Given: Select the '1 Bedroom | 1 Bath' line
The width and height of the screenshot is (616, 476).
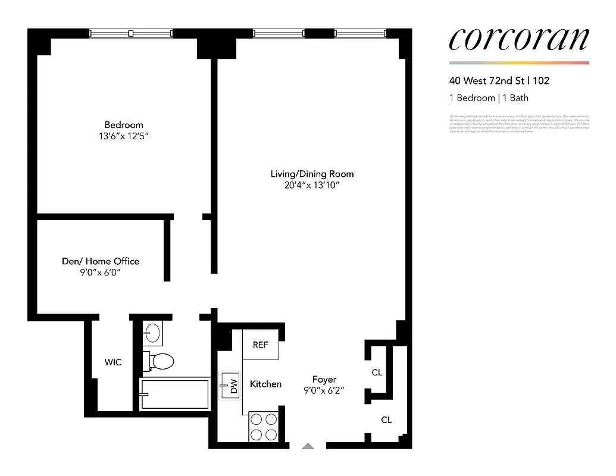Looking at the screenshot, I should (489, 98).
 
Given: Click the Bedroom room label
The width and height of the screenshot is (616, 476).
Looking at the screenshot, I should (124, 125).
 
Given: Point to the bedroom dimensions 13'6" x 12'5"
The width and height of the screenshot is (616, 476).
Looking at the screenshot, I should (124, 136).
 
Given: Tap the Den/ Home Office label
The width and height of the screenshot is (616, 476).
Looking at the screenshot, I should (101, 261).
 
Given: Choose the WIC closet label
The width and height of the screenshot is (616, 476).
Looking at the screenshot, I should (113, 362).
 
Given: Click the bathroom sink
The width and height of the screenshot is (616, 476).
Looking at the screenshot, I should (152, 333).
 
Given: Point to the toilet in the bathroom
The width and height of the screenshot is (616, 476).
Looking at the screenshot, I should (160, 361).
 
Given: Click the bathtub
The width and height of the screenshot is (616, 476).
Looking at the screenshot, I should (174, 394).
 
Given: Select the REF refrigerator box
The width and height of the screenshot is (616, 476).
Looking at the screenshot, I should (261, 345).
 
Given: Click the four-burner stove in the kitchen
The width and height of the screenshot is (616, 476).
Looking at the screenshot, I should (263, 426).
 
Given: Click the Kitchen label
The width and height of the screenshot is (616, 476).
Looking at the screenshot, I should (265, 384).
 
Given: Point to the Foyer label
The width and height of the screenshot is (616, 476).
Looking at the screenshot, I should (324, 379).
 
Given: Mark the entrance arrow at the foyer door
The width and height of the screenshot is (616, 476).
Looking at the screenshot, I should (308, 445).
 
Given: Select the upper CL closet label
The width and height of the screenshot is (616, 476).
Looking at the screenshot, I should (377, 372).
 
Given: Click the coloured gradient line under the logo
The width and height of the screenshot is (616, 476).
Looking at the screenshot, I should (518, 62).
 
